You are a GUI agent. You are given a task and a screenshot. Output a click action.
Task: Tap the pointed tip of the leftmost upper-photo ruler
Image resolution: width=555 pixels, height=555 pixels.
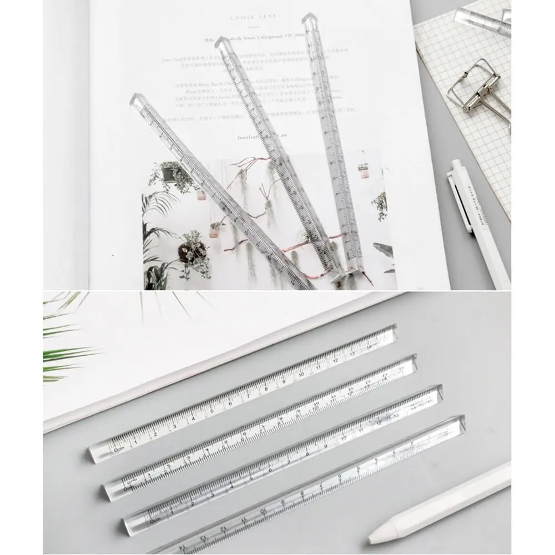[x=135, y=100]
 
